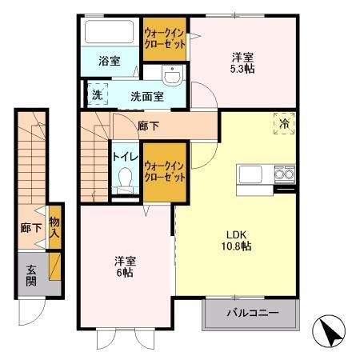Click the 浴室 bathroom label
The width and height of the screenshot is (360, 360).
click(110, 61)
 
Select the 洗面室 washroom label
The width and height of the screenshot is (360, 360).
click(148, 96)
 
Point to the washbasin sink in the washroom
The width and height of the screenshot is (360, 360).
click(172, 75)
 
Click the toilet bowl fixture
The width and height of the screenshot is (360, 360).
click(124, 183)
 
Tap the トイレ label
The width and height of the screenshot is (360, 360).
click(123, 156)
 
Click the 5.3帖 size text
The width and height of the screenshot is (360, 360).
click(243, 69)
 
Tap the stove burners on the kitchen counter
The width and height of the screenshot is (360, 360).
click(284, 174)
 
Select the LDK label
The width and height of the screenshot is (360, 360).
click(238, 234)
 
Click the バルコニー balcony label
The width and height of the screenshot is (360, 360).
click(251, 312)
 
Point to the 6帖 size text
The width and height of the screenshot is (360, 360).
click(123, 273)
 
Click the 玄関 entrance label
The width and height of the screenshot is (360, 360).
click(30, 275)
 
